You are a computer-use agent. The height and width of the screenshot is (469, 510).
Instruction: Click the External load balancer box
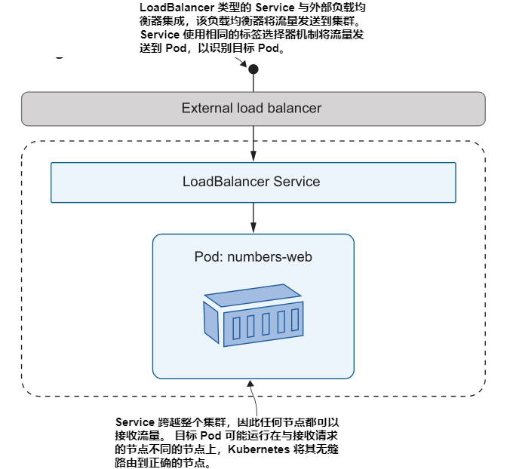pos(253,109)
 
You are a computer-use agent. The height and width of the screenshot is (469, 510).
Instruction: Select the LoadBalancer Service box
pos(253,182)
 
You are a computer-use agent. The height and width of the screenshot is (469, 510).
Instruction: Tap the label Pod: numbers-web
pos(253,257)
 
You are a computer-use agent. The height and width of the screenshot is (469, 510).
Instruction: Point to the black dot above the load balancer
pos(253,69)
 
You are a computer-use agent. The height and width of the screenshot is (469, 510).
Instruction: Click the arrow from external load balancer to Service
pos(253,143)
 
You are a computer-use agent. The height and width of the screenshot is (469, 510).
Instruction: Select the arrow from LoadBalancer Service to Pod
pos(253,218)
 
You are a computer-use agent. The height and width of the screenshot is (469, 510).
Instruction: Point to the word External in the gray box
pos(206,109)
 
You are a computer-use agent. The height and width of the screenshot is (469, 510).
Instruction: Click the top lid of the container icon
pos(253,295)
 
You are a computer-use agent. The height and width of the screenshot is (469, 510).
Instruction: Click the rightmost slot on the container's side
pos(295,319)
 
